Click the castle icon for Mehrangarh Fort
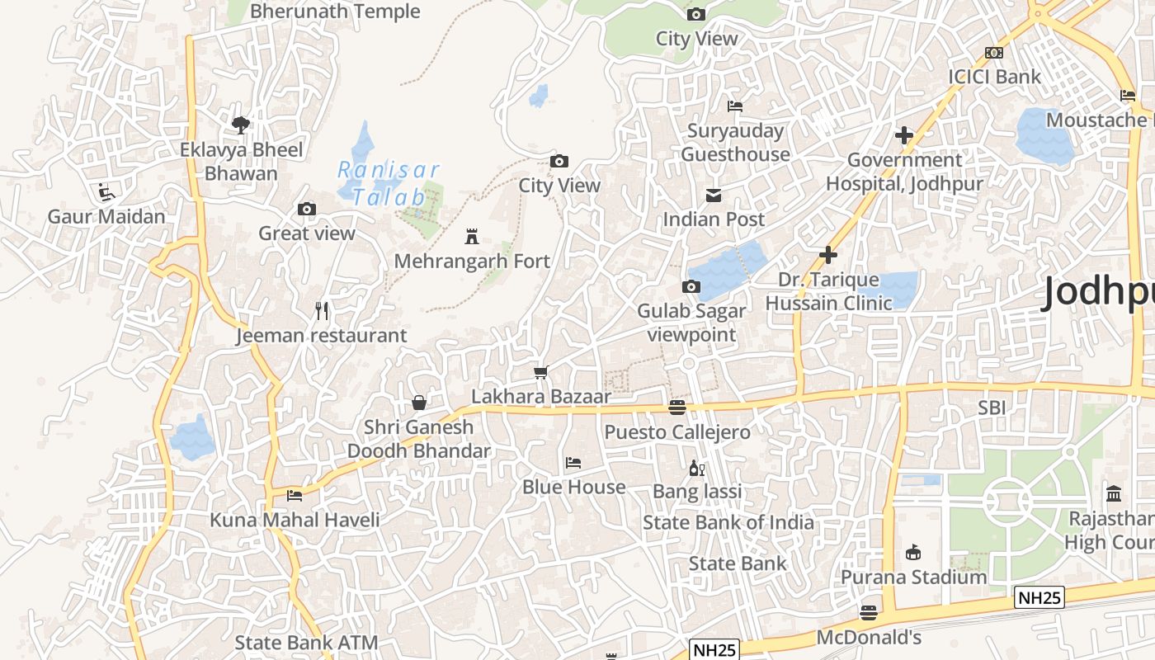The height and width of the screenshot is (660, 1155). coord(472,237)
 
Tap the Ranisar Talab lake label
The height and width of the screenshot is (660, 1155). coord(389,183)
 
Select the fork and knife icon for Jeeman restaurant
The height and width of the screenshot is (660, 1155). coord(322,311)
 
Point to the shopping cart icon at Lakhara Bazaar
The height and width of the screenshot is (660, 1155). coord(541,372)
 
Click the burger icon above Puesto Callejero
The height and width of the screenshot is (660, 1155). coord(677,407)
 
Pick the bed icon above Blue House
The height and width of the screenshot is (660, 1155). coord(573,463)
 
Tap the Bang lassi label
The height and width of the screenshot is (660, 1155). coord(697,492)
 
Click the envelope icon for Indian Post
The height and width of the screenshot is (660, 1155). coord(714,196)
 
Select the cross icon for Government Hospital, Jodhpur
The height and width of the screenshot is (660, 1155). coord(904,135)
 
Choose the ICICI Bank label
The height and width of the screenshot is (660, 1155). coord(995,77)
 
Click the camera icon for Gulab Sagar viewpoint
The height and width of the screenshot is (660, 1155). coord(691,287)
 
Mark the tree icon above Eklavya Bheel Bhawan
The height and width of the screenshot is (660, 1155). coord(241,125)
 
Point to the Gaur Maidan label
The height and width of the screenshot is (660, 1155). coord(106,217)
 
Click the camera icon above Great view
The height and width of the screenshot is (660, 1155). coord(307,210)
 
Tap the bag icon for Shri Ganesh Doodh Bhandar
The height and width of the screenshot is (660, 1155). coord(419,403)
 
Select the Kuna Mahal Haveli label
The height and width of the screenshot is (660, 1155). coord(295,520)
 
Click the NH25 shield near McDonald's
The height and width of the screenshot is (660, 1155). coord(714,649)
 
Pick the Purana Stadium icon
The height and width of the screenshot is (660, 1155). coord(913,552)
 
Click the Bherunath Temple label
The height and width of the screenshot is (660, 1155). coord(335,12)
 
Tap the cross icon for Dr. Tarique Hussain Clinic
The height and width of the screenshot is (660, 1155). coord(828,256)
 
